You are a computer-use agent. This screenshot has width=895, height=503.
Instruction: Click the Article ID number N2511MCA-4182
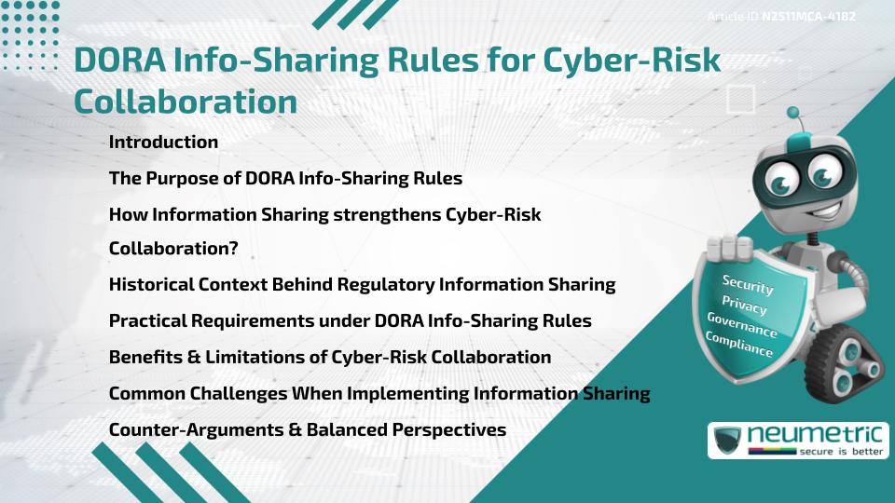[809, 16]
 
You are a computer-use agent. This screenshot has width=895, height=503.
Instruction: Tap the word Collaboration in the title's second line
[186, 102]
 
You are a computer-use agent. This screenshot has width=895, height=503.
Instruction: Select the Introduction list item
[163, 143]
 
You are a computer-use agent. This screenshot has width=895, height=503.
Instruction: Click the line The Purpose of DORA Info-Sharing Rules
[285, 178]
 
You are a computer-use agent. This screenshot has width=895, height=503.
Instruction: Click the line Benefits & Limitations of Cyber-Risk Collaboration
[329, 357]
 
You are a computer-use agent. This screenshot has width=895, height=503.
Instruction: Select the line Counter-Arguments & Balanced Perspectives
[307, 429]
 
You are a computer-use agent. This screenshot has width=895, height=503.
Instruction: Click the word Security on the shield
[748, 285]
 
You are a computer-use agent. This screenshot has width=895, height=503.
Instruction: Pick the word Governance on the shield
[741, 326]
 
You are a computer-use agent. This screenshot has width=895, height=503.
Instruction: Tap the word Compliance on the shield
[738, 346]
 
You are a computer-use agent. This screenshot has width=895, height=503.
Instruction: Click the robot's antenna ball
[794, 114]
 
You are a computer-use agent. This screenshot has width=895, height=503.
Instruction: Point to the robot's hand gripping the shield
[729, 249]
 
